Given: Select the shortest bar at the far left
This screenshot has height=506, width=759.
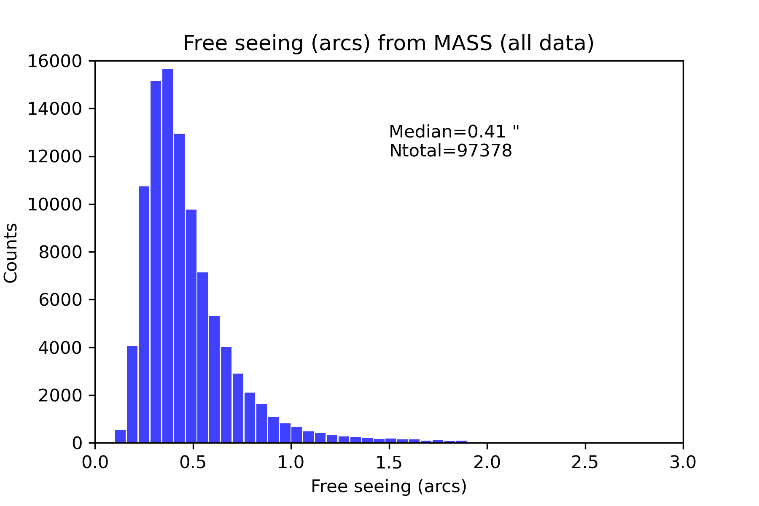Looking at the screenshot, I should coord(120,437).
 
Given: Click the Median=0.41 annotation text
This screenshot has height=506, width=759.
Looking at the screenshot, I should coord(454,132).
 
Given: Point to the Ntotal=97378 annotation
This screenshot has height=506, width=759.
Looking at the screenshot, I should coord(450,151).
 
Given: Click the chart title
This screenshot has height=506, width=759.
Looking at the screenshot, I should coord(388,43).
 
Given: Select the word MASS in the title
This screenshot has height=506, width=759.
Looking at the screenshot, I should coord(462,43).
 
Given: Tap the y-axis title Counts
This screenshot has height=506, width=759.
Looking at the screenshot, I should coord(11,253).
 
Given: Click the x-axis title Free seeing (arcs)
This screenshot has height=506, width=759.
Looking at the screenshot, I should coord(388,487).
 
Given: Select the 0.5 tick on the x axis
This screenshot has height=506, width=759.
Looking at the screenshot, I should coord(193,463).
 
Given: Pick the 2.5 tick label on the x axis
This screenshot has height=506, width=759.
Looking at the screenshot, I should coord(585,463).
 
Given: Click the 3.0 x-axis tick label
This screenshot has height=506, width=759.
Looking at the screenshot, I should coord(683,463).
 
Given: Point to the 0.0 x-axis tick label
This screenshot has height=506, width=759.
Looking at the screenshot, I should coord(95,463).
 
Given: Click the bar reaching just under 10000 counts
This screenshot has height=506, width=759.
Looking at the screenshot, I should coord(191,327).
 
